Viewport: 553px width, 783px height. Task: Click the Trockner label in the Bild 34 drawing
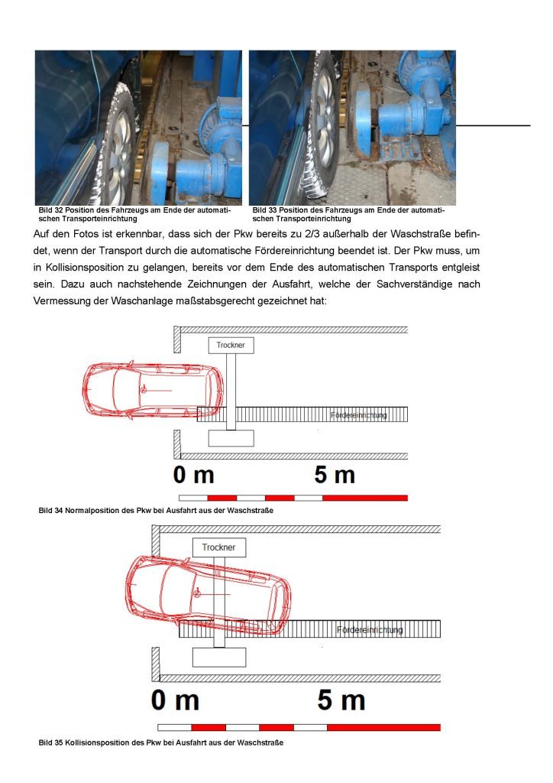(x=231, y=346)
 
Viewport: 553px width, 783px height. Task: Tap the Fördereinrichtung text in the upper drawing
(x=359, y=415)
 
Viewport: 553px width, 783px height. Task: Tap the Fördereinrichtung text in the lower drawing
(x=370, y=630)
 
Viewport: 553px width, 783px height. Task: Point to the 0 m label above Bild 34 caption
(x=193, y=475)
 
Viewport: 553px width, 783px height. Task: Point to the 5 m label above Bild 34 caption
(x=335, y=475)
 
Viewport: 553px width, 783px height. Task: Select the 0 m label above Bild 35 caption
(x=175, y=700)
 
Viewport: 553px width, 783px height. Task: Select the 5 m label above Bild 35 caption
(x=341, y=700)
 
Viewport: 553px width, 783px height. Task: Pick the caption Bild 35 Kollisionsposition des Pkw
(x=160, y=743)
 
